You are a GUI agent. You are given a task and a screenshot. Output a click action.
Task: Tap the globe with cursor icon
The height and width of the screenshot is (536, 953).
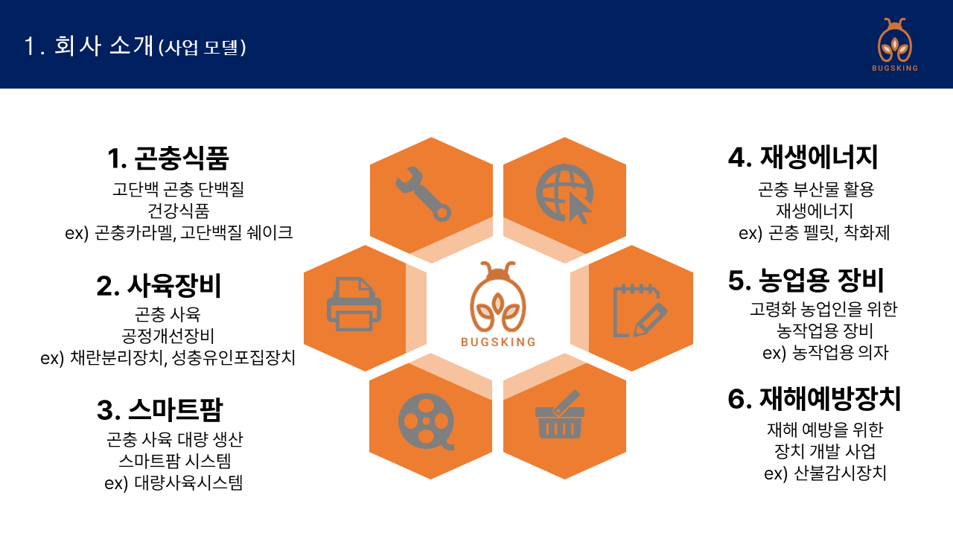pos(564,194)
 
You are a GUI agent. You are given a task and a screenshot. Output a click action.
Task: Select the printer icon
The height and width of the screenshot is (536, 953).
pos(354,304)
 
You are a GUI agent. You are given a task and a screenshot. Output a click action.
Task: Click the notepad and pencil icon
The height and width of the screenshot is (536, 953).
pos(640,311)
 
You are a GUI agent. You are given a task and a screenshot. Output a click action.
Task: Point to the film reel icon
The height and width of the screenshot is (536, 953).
pos(426,421)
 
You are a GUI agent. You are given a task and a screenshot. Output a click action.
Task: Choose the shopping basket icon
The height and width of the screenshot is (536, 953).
pos(560,415)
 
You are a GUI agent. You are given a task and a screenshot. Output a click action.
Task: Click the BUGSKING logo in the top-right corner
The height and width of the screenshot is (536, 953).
pos(895,45)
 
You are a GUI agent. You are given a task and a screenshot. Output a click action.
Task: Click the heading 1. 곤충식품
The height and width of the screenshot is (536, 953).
pos(168,158)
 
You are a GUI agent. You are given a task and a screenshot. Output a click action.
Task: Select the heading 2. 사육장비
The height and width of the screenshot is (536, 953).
pos(159,285)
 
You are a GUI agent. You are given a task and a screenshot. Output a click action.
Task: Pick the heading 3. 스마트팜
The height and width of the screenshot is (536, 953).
pos(159,409)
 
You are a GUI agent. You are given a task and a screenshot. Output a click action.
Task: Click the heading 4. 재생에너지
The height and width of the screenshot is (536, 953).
pos(803,157)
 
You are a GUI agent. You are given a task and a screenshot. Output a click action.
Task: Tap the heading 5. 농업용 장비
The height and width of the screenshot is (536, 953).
pos(806,281)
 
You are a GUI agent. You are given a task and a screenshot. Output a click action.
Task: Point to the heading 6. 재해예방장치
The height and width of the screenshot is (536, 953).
pos(815,399)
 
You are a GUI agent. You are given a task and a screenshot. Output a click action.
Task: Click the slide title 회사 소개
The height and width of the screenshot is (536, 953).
pos(103,45)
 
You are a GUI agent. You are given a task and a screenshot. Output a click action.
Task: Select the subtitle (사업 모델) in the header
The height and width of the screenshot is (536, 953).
pos(202,47)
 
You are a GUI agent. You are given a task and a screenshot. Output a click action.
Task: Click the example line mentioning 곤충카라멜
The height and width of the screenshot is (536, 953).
pos(179,233)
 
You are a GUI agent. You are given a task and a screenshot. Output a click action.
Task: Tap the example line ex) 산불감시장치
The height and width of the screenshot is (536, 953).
pos(825,473)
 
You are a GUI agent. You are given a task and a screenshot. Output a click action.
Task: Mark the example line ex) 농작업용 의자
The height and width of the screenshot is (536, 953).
pos(826,353)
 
